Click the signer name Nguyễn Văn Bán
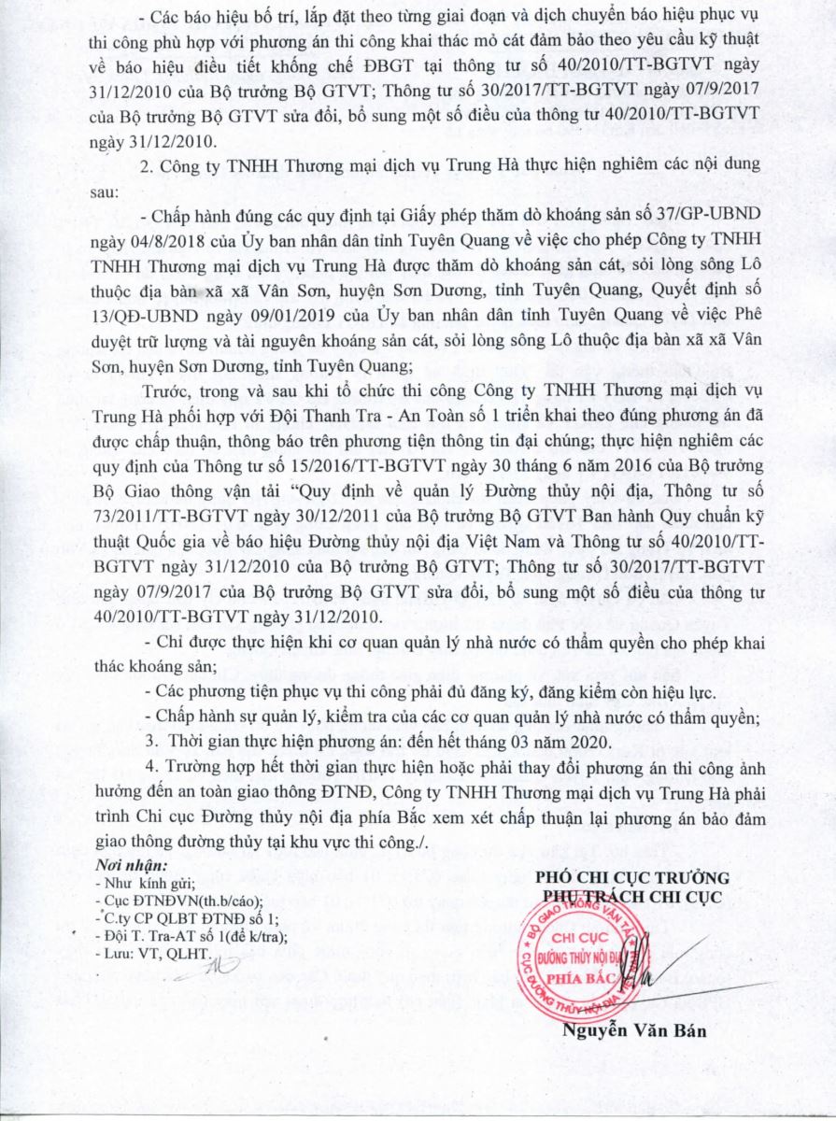click(633, 1032)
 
